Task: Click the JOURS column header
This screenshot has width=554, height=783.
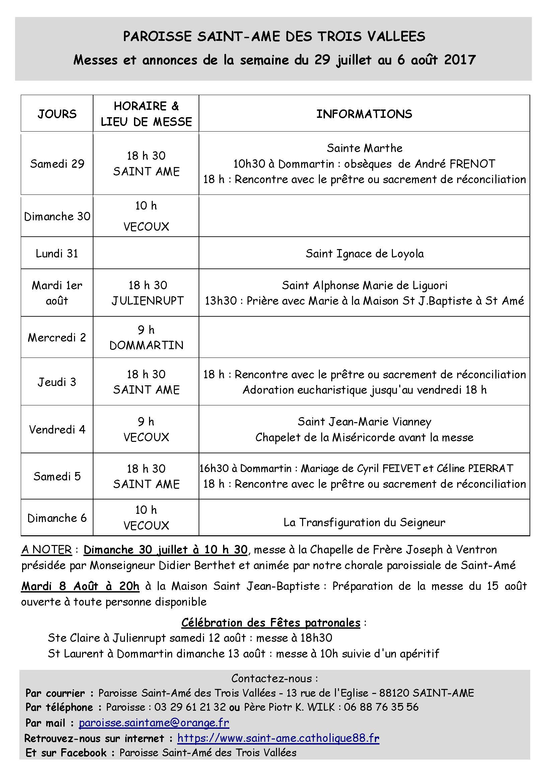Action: (x=57, y=113)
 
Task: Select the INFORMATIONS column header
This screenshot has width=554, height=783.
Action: (x=364, y=113)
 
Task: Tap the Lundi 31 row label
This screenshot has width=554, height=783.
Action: (x=57, y=253)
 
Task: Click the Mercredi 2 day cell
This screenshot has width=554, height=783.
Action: (x=57, y=337)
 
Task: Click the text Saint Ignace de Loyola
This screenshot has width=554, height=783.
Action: (x=364, y=254)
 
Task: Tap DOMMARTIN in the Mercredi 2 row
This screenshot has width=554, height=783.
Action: (x=146, y=345)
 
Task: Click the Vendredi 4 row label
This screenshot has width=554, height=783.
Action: (x=57, y=429)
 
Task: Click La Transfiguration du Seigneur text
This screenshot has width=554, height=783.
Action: (x=364, y=523)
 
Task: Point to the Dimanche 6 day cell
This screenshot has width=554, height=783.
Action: (x=57, y=518)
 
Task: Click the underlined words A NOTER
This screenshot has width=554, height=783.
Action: (x=47, y=550)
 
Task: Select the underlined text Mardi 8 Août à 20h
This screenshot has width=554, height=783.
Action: (x=80, y=586)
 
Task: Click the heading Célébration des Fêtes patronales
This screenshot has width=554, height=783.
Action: (x=271, y=623)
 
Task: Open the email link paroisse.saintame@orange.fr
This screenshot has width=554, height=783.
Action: (x=154, y=723)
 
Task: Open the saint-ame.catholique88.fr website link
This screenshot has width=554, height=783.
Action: (x=278, y=738)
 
